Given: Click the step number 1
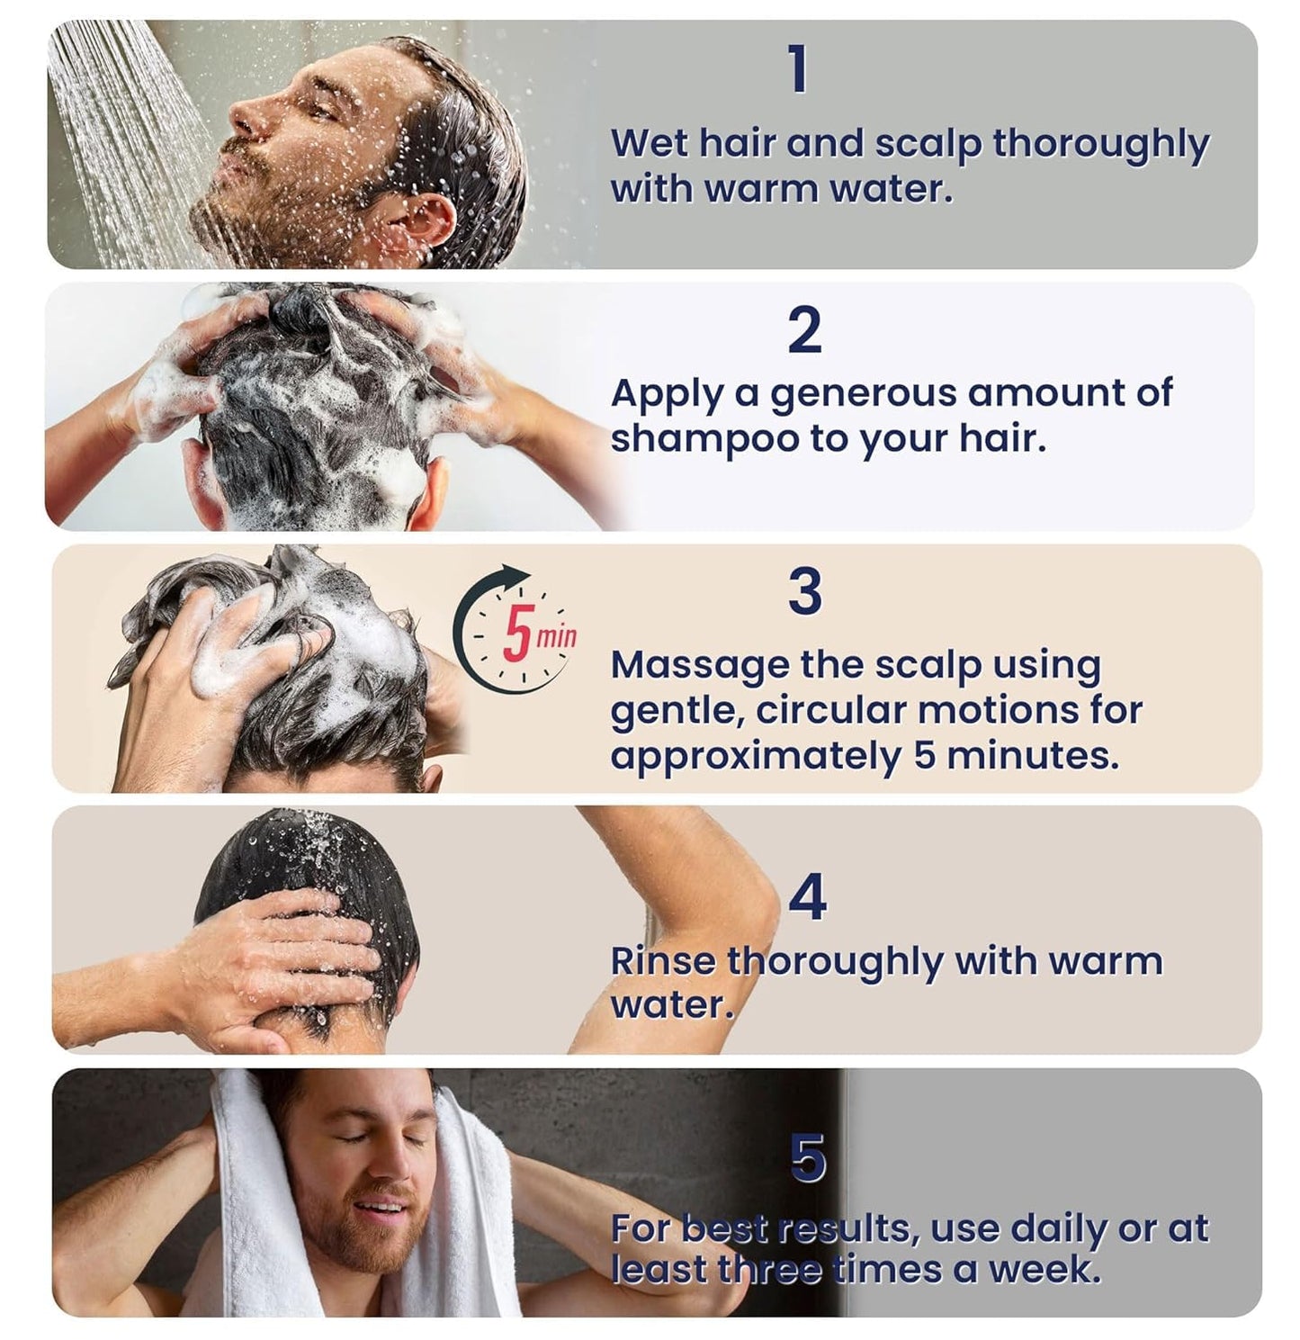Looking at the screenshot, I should pyautogui.click(x=798, y=70).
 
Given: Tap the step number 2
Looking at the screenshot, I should pyautogui.click(x=804, y=331).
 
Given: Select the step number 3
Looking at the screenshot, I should pyautogui.click(x=805, y=592).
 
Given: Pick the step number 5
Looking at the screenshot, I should pyautogui.click(x=808, y=1158).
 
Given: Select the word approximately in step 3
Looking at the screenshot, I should pyautogui.click(x=756, y=756).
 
